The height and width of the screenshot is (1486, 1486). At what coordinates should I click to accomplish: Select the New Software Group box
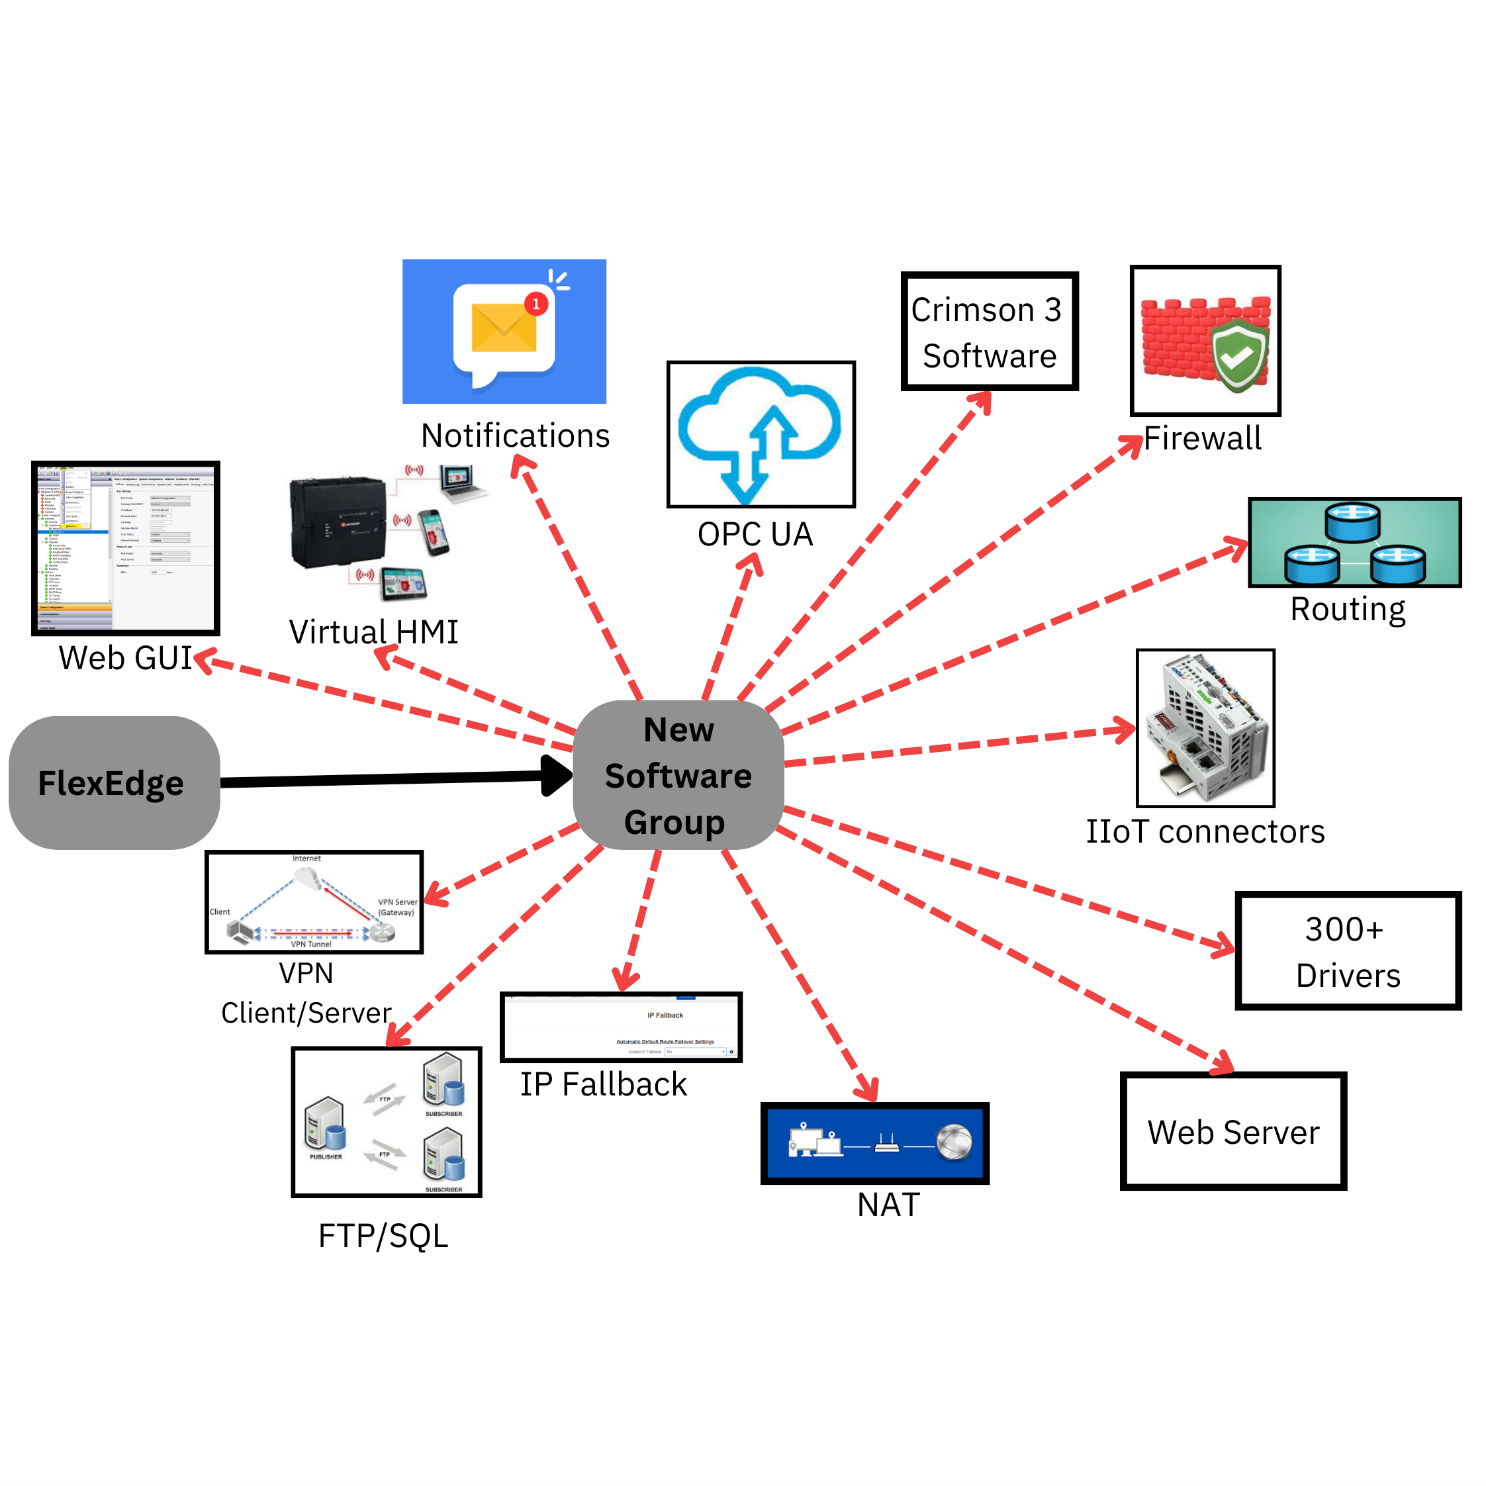678,775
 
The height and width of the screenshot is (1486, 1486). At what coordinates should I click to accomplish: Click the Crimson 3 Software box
989,332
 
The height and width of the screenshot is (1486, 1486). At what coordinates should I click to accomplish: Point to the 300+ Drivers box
1348,951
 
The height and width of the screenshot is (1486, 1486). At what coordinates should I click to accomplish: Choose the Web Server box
1233,1131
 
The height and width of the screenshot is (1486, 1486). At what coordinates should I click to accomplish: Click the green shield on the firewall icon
1239,355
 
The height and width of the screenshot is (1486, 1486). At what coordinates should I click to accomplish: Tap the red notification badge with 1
536,304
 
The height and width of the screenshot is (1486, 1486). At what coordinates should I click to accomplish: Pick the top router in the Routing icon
1352,522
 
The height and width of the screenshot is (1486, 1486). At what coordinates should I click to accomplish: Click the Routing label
1348,609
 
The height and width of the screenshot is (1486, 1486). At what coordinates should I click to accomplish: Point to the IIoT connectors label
1205,831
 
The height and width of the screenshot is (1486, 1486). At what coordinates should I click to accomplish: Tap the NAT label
888,1205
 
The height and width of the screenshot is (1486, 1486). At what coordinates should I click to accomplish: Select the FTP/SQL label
383,1236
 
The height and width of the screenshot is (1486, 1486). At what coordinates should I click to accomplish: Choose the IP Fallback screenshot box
621,1027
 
